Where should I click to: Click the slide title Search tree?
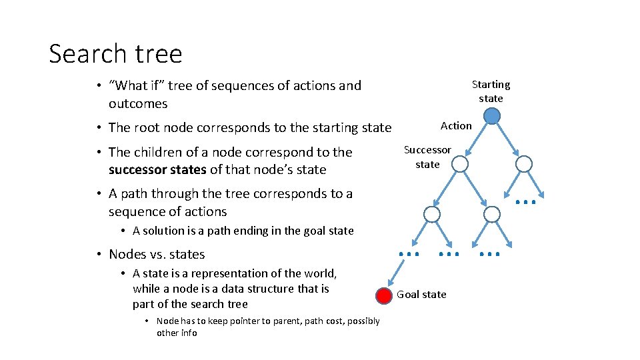[x=115, y=53]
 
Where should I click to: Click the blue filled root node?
[x=491, y=117]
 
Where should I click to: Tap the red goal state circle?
[x=383, y=296]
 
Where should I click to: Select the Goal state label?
[x=421, y=295]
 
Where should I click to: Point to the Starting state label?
[x=491, y=91]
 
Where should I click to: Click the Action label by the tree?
[x=456, y=125]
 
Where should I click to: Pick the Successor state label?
[x=427, y=157]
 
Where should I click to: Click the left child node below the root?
[x=459, y=164]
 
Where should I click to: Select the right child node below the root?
[x=524, y=164]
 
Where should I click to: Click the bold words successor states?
[x=157, y=169]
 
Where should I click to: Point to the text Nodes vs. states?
[x=157, y=254]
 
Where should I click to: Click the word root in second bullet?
[x=147, y=127]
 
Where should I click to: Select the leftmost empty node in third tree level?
[x=432, y=214]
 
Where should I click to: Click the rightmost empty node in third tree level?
[x=491, y=214]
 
